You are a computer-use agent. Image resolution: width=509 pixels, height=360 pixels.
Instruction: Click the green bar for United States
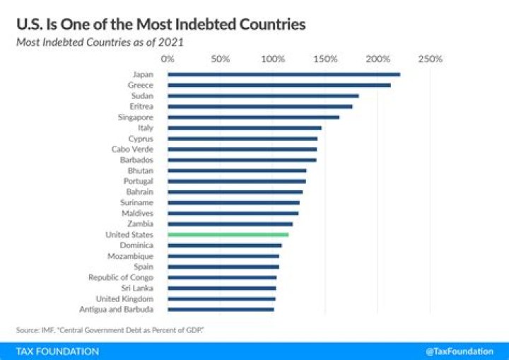coord(228,234)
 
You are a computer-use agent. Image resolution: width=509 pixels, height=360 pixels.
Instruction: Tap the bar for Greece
coord(279,85)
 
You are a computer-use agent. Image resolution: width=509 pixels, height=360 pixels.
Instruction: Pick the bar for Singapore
coord(254,117)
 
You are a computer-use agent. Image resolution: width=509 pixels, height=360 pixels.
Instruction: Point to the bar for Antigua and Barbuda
coord(221,309)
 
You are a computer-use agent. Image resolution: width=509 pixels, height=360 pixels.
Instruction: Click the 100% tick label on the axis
coord(273,59)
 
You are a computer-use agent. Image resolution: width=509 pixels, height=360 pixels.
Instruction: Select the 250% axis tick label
coord(430,59)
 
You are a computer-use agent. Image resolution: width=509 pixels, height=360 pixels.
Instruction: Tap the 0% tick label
coord(168,59)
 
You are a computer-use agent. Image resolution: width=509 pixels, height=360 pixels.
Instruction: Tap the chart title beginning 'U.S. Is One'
coord(160,25)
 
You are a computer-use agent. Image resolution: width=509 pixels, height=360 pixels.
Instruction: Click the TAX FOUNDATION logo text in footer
coord(58,352)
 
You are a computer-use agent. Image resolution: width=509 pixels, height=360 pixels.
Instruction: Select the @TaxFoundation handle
coord(460,352)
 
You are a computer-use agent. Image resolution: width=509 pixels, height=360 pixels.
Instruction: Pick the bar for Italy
coord(245,128)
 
